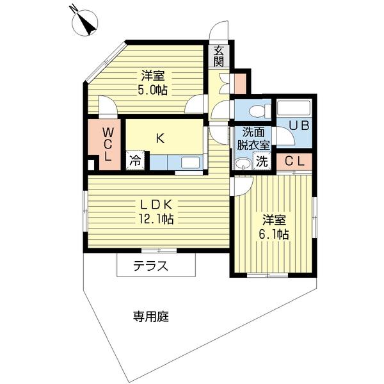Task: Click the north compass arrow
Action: point(84,24)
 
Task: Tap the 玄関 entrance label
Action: point(219,56)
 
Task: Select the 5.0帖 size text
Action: point(153,90)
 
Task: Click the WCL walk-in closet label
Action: point(108,144)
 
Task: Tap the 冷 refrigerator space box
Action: point(135,161)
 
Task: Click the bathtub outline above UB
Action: point(293,108)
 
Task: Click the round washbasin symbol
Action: point(242,164)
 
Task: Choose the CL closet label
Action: point(294,161)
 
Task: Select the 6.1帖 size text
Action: point(274,234)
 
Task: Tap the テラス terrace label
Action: point(150,266)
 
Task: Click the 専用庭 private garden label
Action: point(151,316)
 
